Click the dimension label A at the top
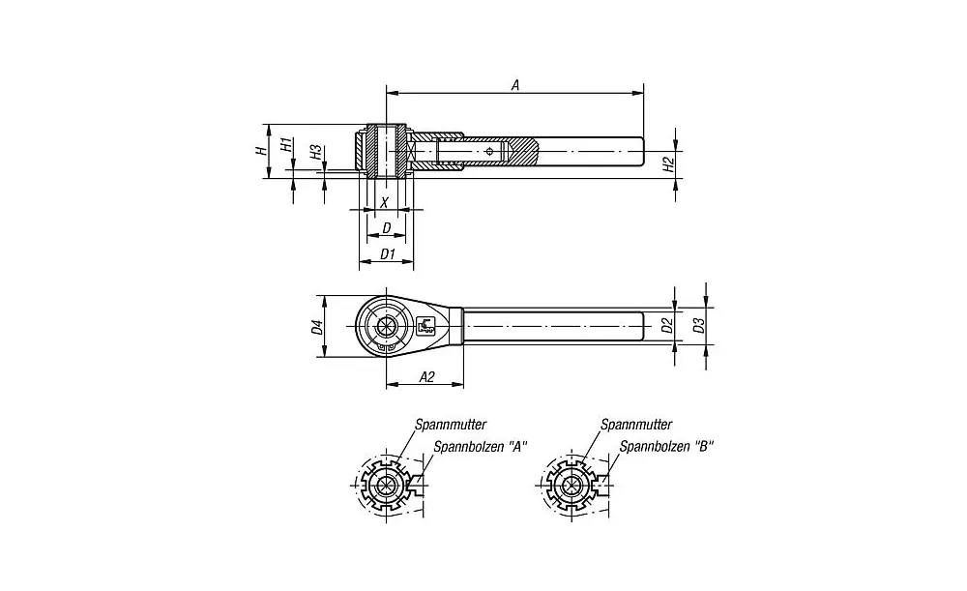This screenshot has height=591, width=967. tap(515, 85)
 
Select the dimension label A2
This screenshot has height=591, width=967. tap(425, 377)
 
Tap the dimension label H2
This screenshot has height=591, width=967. tap(667, 165)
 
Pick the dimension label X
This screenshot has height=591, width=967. tap(385, 202)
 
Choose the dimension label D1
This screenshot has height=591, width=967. tap(387, 253)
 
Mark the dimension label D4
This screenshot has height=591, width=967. tap(316, 327)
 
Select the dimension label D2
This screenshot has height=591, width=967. tap(666, 325)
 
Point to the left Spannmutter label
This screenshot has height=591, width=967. tap(450, 424)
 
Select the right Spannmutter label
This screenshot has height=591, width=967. tap(635, 424)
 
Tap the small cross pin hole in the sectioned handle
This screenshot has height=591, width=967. tap(492, 151)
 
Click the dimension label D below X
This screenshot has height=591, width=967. tap(387, 228)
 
